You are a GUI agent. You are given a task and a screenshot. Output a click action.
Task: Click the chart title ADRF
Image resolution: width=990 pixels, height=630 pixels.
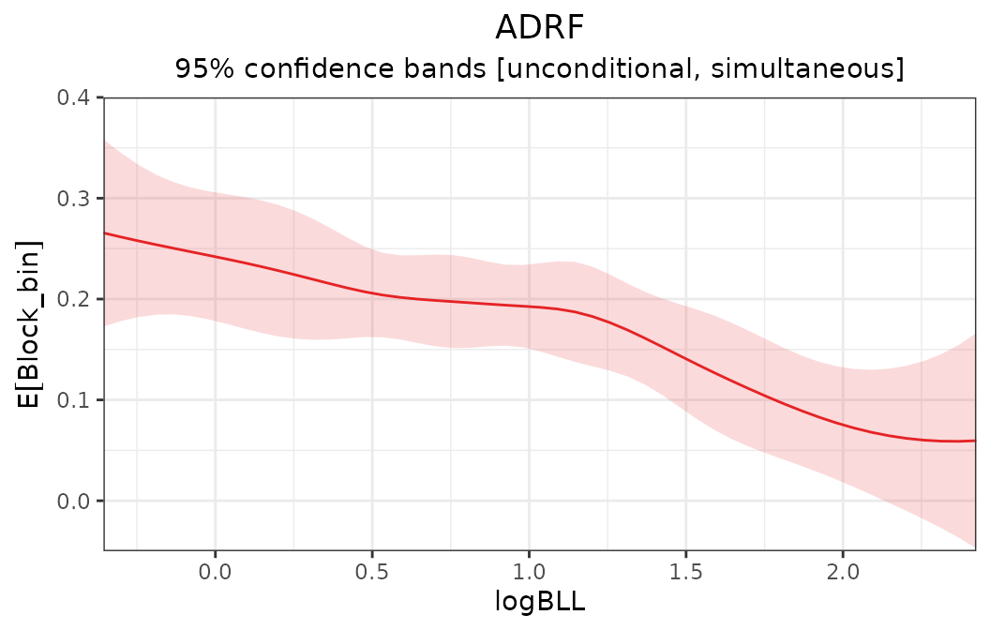[539, 28]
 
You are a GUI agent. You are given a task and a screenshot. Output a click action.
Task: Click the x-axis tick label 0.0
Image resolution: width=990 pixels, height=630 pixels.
[215, 571]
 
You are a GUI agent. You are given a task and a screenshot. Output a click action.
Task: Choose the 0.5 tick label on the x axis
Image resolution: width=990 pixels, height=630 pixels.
[372, 571]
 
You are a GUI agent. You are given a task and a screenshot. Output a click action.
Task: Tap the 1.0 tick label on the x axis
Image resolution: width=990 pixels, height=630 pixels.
[529, 571]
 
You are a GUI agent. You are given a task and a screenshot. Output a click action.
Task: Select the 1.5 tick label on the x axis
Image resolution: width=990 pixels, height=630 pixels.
[685, 571]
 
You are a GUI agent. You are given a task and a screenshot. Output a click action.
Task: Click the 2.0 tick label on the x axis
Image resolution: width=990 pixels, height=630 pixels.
[843, 571]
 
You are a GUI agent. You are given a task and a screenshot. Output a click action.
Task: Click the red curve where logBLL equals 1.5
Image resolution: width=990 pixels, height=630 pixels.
[685, 359]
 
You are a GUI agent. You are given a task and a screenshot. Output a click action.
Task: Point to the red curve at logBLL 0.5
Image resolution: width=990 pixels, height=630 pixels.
[372, 293]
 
